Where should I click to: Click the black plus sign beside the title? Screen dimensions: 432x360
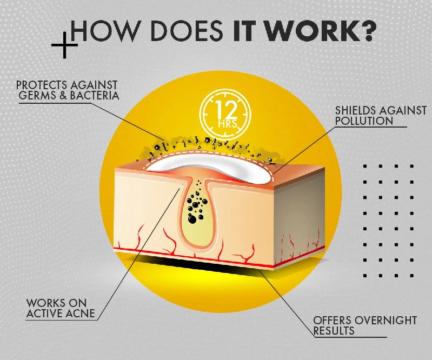pos(64,45)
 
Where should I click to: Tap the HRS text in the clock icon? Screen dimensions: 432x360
pos(227,124)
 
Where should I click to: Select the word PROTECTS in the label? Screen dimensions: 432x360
pos(42,85)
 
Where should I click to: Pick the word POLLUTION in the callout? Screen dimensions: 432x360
pos(364,121)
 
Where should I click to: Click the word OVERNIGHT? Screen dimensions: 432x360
pos(386,320)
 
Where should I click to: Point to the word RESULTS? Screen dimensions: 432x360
pos(334,330)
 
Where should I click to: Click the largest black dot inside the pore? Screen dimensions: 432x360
pos(192,219)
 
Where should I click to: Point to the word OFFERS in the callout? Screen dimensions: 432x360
pos(333,320)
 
